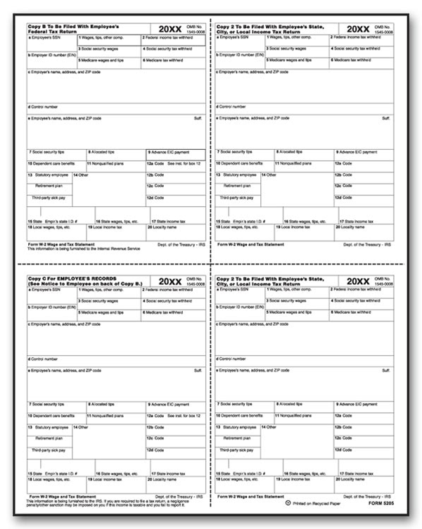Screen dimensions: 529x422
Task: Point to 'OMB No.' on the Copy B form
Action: [x=196, y=27]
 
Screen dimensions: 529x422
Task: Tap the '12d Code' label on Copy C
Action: [x=154, y=450]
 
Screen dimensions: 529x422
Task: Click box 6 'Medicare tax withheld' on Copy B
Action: [x=163, y=60]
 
